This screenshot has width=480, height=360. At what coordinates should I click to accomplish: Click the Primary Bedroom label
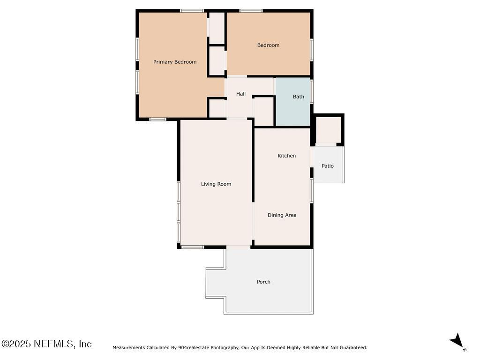coord(175,62)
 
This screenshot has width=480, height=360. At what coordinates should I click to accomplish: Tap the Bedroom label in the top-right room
coord(268,45)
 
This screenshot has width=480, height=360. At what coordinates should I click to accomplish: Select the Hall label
coord(241,94)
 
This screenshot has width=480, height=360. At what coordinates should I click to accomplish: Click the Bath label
coord(299,97)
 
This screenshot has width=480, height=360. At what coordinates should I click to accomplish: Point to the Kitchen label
coord(286,156)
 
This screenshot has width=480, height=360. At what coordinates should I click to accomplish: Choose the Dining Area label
coord(282,215)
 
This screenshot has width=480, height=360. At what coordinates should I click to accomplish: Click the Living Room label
coord(216,184)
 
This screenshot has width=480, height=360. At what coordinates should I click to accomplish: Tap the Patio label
coord(328,166)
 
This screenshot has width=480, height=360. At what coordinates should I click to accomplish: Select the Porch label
coord(263,282)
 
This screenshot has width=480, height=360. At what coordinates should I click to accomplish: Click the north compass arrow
coord(457,341)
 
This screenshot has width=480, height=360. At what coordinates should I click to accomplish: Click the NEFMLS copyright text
coord(46,344)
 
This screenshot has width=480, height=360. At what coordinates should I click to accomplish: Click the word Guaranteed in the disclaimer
coord(353,348)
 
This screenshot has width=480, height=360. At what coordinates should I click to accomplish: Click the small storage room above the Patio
coord(328,129)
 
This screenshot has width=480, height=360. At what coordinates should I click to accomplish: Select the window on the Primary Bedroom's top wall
coord(192,10)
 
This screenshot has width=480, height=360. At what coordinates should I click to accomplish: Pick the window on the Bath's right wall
coord(312,92)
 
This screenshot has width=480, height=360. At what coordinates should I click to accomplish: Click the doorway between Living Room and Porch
coord(238,247)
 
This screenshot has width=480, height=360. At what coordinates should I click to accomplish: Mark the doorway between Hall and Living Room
coord(237,119)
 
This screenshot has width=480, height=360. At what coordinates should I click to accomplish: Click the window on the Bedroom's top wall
coord(251,10)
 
